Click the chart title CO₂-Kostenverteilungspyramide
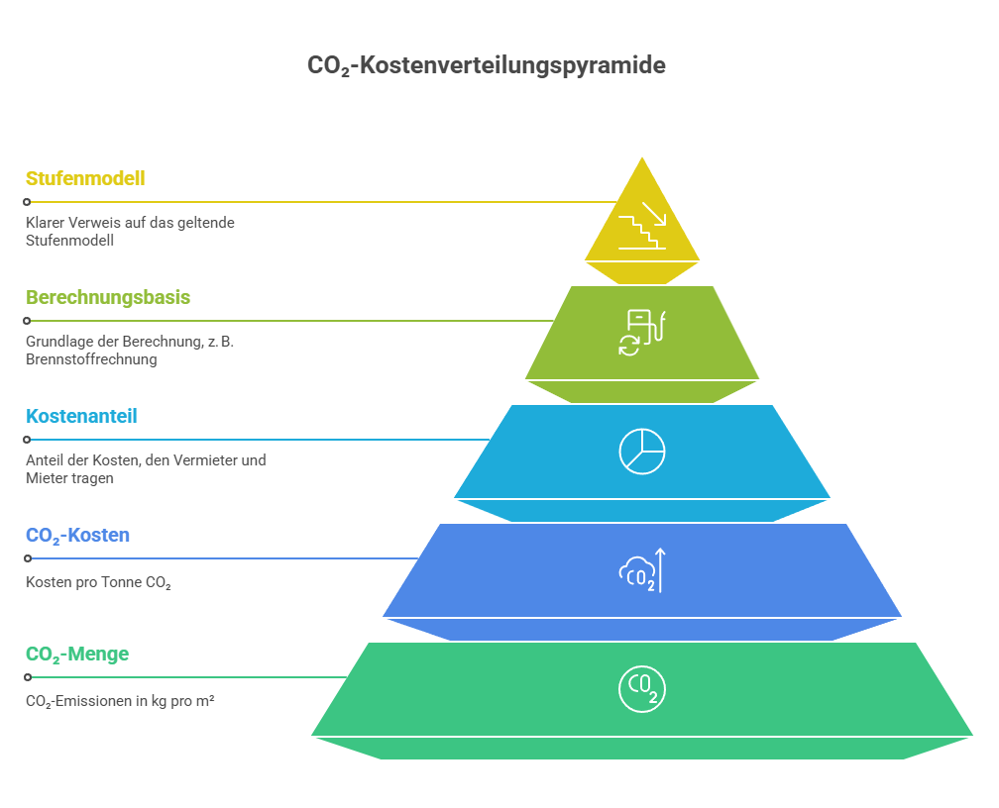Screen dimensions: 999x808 click(x=486, y=65)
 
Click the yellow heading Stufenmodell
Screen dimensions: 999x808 click(x=85, y=178)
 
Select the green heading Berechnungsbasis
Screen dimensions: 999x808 click(x=108, y=297)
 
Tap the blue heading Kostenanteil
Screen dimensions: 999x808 click(x=81, y=417)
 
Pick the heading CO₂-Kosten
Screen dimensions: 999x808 click(x=77, y=536)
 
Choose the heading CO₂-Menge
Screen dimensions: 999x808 click(x=77, y=655)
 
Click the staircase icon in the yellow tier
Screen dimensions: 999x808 click(x=642, y=226)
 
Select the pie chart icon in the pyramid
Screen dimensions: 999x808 click(x=642, y=452)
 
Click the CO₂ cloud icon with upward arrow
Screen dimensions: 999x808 click(x=642, y=570)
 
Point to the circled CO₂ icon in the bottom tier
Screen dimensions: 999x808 click(x=642, y=689)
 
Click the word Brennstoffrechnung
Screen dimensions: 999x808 click(x=91, y=359)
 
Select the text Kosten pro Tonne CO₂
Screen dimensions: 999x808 click(x=98, y=582)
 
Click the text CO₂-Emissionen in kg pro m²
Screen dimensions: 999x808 click(x=120, y=702)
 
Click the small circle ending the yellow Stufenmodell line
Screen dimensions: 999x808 click(x=27, y=202)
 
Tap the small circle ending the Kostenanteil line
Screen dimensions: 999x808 click(x=27, y=440)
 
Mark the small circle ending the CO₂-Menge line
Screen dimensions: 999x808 click(x=28, y=677)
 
